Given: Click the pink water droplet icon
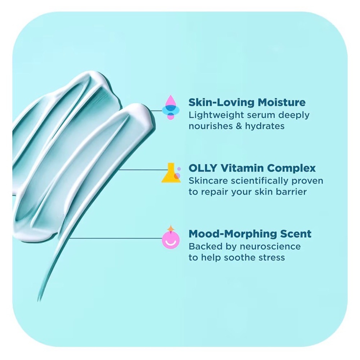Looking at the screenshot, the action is point(170,107).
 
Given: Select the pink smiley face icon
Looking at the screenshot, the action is point(171,239).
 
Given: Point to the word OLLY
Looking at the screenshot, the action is point(203,168).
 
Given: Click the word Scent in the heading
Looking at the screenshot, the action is point(296,234).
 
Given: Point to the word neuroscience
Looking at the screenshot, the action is point(270,247).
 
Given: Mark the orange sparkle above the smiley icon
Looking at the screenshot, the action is point(171,229).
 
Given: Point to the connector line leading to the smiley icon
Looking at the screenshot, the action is point(116,238).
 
